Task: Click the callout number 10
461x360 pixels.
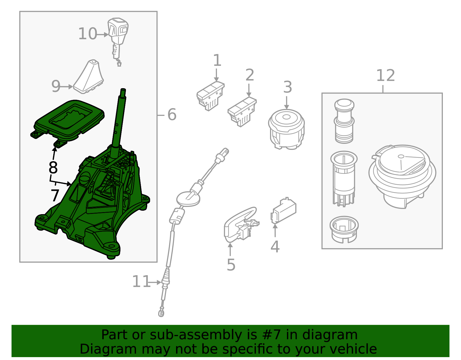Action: (x=88, y=34)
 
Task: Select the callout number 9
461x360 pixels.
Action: (x=56, y=86)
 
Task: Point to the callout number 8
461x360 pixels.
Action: (x=53, y=167)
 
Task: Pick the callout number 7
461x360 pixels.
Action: (x=55, y=196)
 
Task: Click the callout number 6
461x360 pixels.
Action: (x=172, y=115)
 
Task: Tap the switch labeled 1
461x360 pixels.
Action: (x=210, y=95)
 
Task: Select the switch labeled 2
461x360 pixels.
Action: (x=242, y=111)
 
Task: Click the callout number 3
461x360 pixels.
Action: (x=288, y=87)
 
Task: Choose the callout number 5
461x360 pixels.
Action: (x=231, y=265)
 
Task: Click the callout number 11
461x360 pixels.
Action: (x=141, y=282)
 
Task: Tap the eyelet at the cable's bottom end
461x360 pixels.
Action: (x=161, y=312)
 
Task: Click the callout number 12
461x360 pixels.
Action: (x=386, y=76)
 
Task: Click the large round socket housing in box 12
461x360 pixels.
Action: (x=402, y=176)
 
